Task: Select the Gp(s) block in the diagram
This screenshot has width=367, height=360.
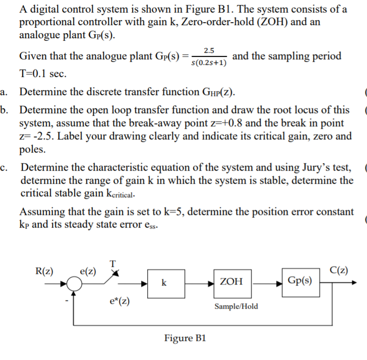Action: pos(299,280)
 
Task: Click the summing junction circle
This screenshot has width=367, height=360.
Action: pos(76,283)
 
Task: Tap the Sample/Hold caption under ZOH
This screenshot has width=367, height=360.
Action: pos(235,306)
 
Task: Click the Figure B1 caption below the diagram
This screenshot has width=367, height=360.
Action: pos(185,338)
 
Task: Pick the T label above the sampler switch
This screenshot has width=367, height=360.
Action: pos(112,263)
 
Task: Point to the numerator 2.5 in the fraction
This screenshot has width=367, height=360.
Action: pos(209,50)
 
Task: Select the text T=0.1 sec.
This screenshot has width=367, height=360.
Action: pos(42,74)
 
